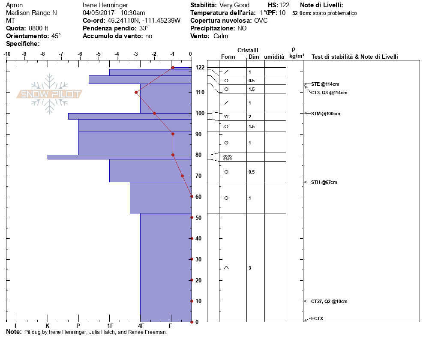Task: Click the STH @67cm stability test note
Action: [x=324, y=182]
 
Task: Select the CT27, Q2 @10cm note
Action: [x=329, y=301]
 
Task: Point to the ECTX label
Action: [x=318, y=318]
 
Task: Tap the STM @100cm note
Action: [x=325, y=114]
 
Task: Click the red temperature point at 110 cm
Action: [x=136, y=92]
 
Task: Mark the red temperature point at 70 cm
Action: [x=182, y=176]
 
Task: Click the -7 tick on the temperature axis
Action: [x=61, y=54]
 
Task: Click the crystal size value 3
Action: [x=250, y=268]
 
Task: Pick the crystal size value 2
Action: [x=250, y=117]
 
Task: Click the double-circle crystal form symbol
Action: [x=228, y=158]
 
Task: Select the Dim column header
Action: [x=253, y=57]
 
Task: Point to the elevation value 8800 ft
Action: [x=38, y=28]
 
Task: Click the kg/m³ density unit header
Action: [x=297, y=56]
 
